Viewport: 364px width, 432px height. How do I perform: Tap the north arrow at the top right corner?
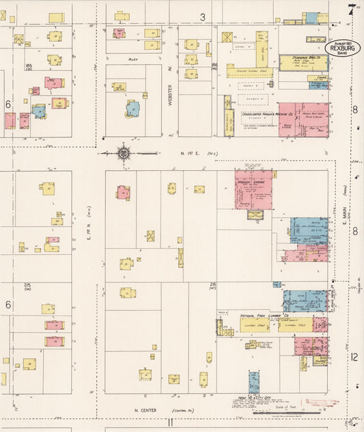(x=350, y=9)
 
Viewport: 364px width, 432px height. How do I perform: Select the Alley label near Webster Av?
(x=133, y=60)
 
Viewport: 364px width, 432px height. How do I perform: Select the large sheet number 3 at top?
(x=202, y=16)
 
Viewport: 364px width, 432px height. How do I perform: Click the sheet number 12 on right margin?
(x=354, y=356)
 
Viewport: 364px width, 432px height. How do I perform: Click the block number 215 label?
(x=28, y=284)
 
